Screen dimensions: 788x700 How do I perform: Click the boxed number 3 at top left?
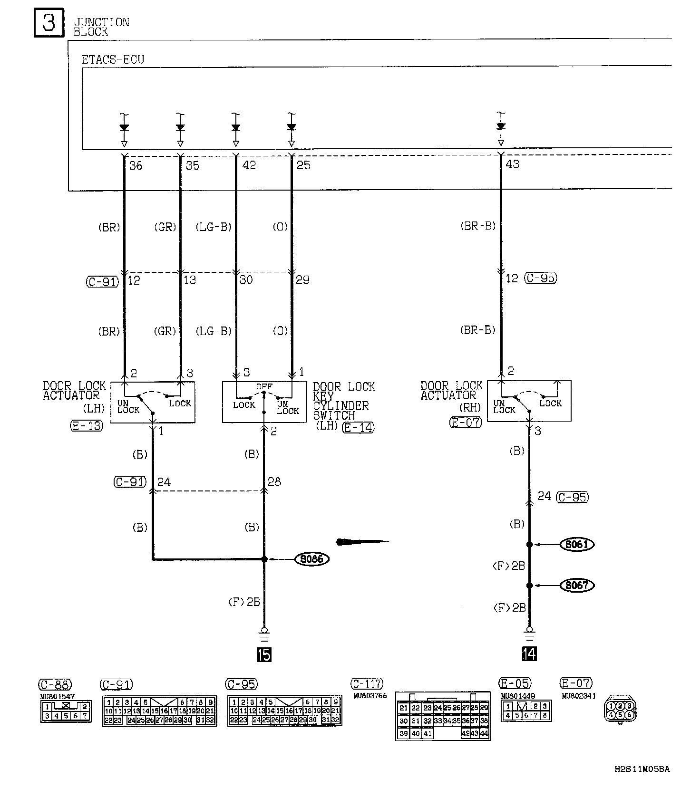click(49, 22)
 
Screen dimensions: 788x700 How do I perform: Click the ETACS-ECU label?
click(113, 60)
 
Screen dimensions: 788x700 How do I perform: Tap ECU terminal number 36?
click(136, 165)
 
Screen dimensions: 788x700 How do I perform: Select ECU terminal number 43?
click(513, 164)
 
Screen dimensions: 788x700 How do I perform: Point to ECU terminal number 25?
click(303, 165)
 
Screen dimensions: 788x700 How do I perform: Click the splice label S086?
click(312, 559)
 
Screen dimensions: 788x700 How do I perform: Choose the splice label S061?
click(577, 544)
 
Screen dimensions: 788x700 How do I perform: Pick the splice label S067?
click(577, 585)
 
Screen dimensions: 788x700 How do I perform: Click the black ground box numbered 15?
click(264, 654)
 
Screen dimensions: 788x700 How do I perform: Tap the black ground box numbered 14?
click(529, 654)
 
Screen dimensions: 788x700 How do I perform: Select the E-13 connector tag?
click(86, 425)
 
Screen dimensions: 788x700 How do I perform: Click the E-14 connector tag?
click(359, 427)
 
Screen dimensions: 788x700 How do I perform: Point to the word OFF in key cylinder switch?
click(264, 387)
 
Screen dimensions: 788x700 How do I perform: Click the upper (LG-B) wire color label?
click(214, 227)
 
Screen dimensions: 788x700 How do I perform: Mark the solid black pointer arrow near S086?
click(361, 541)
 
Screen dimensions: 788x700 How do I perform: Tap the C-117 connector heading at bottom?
click(367, 684)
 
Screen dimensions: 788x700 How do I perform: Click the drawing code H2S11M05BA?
click(642, 769)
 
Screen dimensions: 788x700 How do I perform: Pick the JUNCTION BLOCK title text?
click(101, 27)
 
